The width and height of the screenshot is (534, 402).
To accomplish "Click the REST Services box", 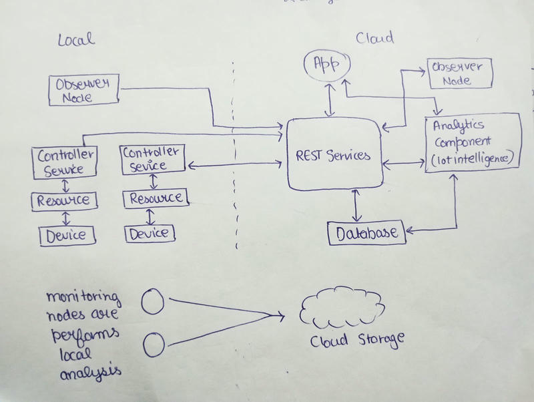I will pyautogui.click(x=334, y=156).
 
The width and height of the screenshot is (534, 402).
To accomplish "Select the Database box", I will pyautogui.click(x=366, y=233).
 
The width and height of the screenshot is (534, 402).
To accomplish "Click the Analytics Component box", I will pyautogui.click(x=472, y=142).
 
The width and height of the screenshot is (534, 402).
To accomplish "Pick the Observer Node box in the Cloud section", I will pyautogui.click(x=460, y=74).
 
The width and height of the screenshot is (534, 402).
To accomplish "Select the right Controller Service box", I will pyautogui.click(x=153, y=159).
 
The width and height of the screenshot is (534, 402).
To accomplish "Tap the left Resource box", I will pyautogui.click(x=63, y=200).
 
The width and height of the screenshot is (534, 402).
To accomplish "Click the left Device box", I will pyautogui.click(x=66, y=235).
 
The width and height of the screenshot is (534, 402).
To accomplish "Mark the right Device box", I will pyautogui.click(x=151, y=234).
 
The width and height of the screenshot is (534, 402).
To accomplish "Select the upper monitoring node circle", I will pyautogui.click(x=153, y=302).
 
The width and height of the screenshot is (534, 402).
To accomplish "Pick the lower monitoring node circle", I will pyautogui.click(x=154, y=345).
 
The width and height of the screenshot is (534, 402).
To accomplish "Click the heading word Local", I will pyautogui.click(x=77, y=39).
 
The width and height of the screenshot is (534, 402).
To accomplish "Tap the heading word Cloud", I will pyautogui.click(x=375, y=38).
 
